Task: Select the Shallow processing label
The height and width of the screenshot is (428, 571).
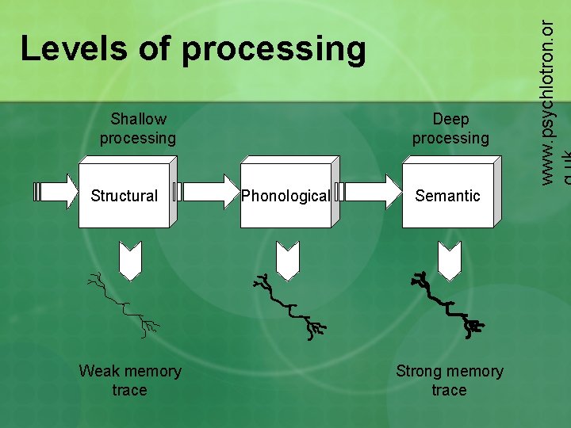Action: point(138,128)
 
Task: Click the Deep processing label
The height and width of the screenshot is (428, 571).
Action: point(450,128)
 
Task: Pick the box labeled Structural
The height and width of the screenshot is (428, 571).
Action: point(125,195)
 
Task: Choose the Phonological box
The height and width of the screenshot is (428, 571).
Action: point(285,195)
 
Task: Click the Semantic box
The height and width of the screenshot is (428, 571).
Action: point(448,195)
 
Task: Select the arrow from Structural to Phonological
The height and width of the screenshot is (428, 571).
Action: point(206,192)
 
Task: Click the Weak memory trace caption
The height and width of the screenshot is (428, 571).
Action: point(130,380)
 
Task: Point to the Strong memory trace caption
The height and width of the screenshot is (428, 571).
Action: point(450,380)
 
